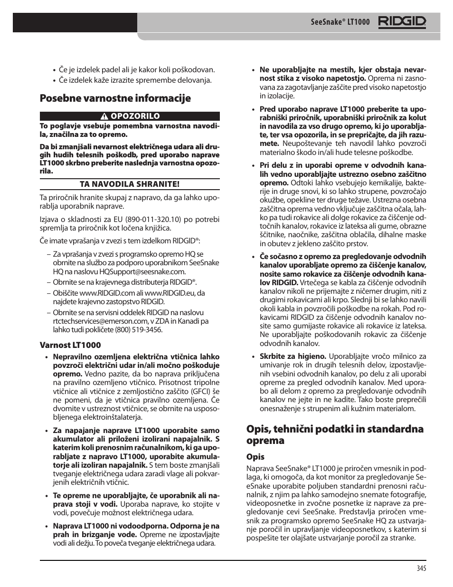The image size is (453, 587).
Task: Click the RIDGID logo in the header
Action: pos(402,22)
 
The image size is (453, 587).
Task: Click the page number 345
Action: pos(421,568)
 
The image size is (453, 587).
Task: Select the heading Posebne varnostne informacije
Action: pos(115,98)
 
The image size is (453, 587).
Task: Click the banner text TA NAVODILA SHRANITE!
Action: pos(130,184)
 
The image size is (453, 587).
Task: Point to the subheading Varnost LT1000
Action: pos(70,345)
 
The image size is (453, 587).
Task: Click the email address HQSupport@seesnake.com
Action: pos(142,271)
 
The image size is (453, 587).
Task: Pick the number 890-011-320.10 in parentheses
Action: pos(153,219)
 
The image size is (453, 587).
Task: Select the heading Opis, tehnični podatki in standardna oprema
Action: pos(334,434)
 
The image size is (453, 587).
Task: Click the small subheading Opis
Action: pos(255,457)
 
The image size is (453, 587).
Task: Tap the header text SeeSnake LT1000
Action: pos(340,22)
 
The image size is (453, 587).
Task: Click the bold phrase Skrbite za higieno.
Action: pos(293,356)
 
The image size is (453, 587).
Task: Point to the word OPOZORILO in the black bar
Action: pos(135,116)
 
